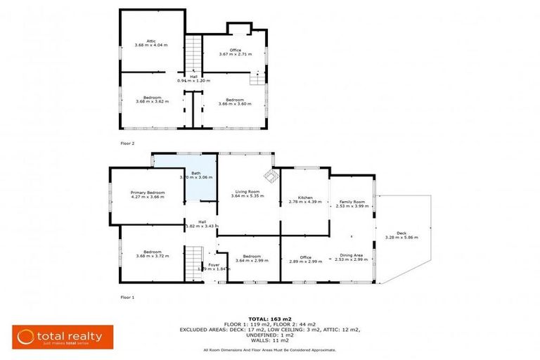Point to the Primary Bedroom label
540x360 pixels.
coord(147,193)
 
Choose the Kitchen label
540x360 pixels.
coord(304,198)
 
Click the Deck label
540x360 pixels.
coord(401,233)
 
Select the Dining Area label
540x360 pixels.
coord(351,255)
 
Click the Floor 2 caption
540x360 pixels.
coord(127,143)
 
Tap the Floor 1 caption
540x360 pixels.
coord(127,297)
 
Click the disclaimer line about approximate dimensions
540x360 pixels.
coord(269,349)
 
